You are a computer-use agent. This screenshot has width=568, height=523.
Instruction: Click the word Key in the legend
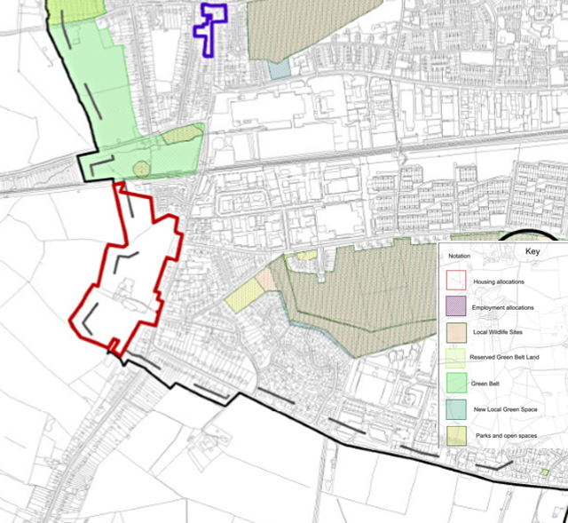coord(532,251)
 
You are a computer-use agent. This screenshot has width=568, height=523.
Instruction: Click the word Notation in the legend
coord(459,256)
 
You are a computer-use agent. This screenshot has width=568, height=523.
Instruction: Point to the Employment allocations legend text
coord(503,306)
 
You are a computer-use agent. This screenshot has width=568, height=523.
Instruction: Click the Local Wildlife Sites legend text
coord(498,331)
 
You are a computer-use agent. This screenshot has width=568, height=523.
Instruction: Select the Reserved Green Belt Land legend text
coord(505,357)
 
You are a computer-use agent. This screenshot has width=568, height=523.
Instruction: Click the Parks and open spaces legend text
coord(506,434)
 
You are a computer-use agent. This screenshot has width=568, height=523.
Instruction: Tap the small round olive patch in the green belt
coord(139,167)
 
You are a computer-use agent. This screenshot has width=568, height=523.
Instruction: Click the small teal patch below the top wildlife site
coord(279,68)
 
